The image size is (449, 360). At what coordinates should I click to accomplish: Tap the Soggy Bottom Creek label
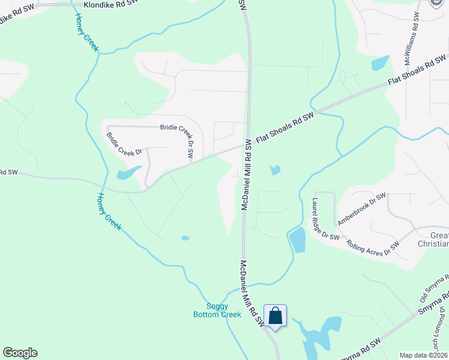tap(217, 310)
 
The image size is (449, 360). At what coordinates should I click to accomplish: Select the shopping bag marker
tap(275, 316)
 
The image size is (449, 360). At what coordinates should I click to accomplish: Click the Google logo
tap(20, 353)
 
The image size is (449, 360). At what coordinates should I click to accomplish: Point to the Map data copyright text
tap(423, 355)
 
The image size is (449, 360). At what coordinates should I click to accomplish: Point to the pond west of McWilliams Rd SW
tap(379, 63)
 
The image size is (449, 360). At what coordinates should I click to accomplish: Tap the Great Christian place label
tap(432, 239)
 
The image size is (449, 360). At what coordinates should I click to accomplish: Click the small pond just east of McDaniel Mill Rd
tap(275, 170)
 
